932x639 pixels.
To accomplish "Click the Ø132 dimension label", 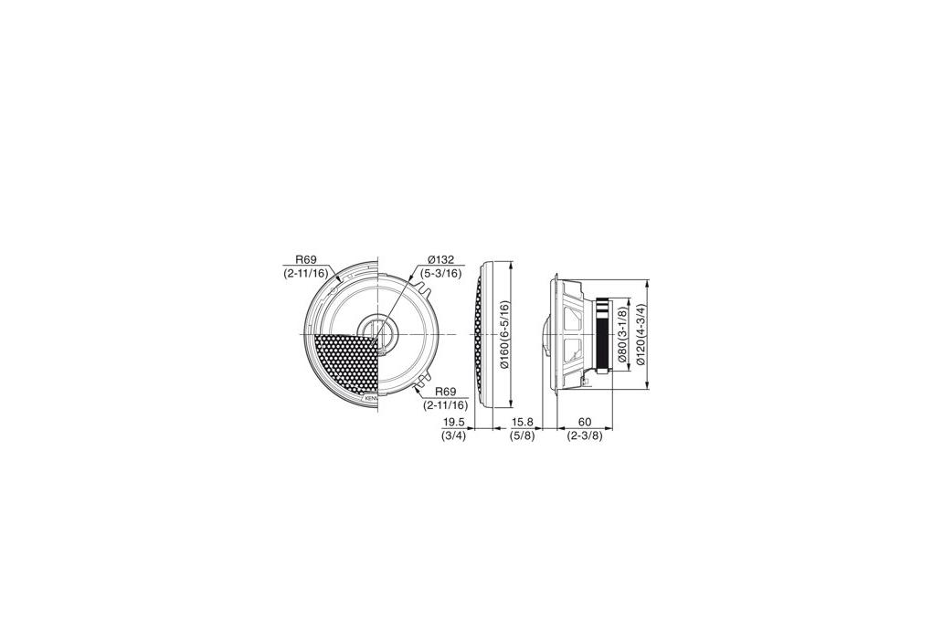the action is (441, 260).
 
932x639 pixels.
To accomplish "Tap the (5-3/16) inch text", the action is (440, 273).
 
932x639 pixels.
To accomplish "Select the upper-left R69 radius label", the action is (306, 259).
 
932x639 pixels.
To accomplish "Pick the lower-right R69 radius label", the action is (445, 392).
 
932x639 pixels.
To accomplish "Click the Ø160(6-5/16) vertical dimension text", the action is (504, 335).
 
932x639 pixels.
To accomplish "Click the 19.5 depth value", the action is (454, 423).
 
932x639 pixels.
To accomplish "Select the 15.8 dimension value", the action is (523, 423).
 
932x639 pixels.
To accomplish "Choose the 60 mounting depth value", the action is (584, 423).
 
